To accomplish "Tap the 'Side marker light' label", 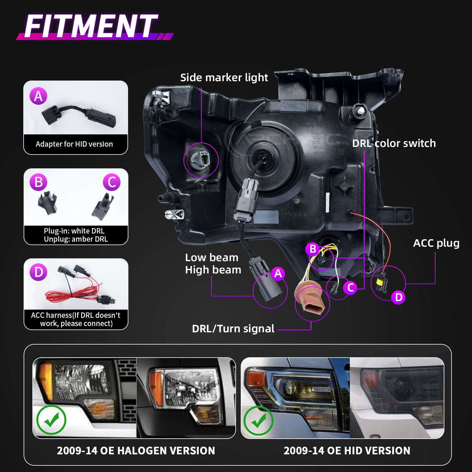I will pyautogui.click(x=224, y=77).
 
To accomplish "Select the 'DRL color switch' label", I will pyautogui.click(x=394, y=143).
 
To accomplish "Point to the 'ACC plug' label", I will pyautogui.click(x=436, y=243).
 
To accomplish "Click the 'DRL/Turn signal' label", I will pyautogui.click(x=233, y=329).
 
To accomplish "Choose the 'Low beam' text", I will pyautogui.click(x=211, y=257).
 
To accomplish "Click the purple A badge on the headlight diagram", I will pyautogui.click(x=278, y=273).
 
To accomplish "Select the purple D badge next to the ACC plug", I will pyautogui.click(x=398, y=297).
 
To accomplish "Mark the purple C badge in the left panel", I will pyautogui.click(x=112, y=182).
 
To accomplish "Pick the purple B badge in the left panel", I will pyautogui.click(x=38, y=182).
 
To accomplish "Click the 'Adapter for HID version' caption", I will pyautogui.click(x=74, y=144).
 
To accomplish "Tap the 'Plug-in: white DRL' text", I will pyautogui.click(x=74, y=231).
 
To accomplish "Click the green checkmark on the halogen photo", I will pyautogui.click(x=51, y=420).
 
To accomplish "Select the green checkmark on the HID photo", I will pyautogui.click(x=258, y=421).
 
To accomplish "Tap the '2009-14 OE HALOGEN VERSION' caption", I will pyautogui.click(x=136, y=451).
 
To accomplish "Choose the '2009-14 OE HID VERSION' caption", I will pyautogui.click(x=347, y=451).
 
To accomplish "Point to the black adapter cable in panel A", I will pyautogui.click(x=79, y=115).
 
